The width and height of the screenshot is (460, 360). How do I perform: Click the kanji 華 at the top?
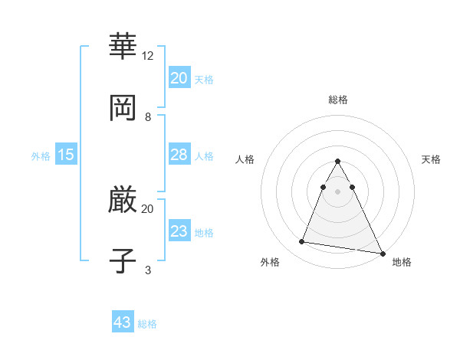coord(123,47)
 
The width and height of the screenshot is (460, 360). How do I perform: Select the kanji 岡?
coord(123,108)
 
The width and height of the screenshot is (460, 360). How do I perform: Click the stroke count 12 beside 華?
coord(148,56)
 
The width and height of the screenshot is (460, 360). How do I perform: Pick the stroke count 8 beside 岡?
coord(148,117)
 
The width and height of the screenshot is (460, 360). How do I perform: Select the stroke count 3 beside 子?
coord(148,270)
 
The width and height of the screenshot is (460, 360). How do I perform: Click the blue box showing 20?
coord(179,78)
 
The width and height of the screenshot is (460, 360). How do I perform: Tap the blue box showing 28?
coord(179,155)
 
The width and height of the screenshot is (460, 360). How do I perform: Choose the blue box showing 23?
coord(179,231)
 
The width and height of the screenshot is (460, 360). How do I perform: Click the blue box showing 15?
coord(66,155)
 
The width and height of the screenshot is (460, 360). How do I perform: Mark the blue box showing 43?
coord(123,322)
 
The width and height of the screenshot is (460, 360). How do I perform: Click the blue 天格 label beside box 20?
coord(204,80)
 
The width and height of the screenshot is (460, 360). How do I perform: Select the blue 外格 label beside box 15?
coord(41,156)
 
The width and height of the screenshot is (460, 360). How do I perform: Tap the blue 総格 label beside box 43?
coord(147,324)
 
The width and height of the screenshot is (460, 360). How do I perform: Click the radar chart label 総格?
coord(338,100)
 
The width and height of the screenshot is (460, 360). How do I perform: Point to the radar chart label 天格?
coord(432,159)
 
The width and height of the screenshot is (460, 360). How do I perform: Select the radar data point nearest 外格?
coord(302,242)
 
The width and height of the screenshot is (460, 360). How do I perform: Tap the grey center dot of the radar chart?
coord(338,191)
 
